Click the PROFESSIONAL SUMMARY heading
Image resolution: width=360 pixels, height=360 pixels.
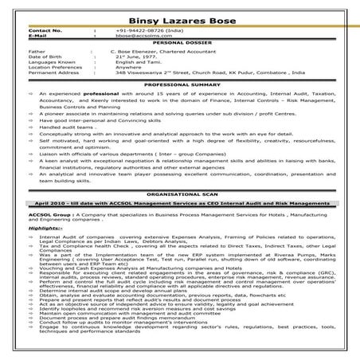(181, 84)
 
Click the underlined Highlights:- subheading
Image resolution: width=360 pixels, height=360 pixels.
(44, 228)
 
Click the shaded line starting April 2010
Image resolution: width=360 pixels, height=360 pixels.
(179, 204)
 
